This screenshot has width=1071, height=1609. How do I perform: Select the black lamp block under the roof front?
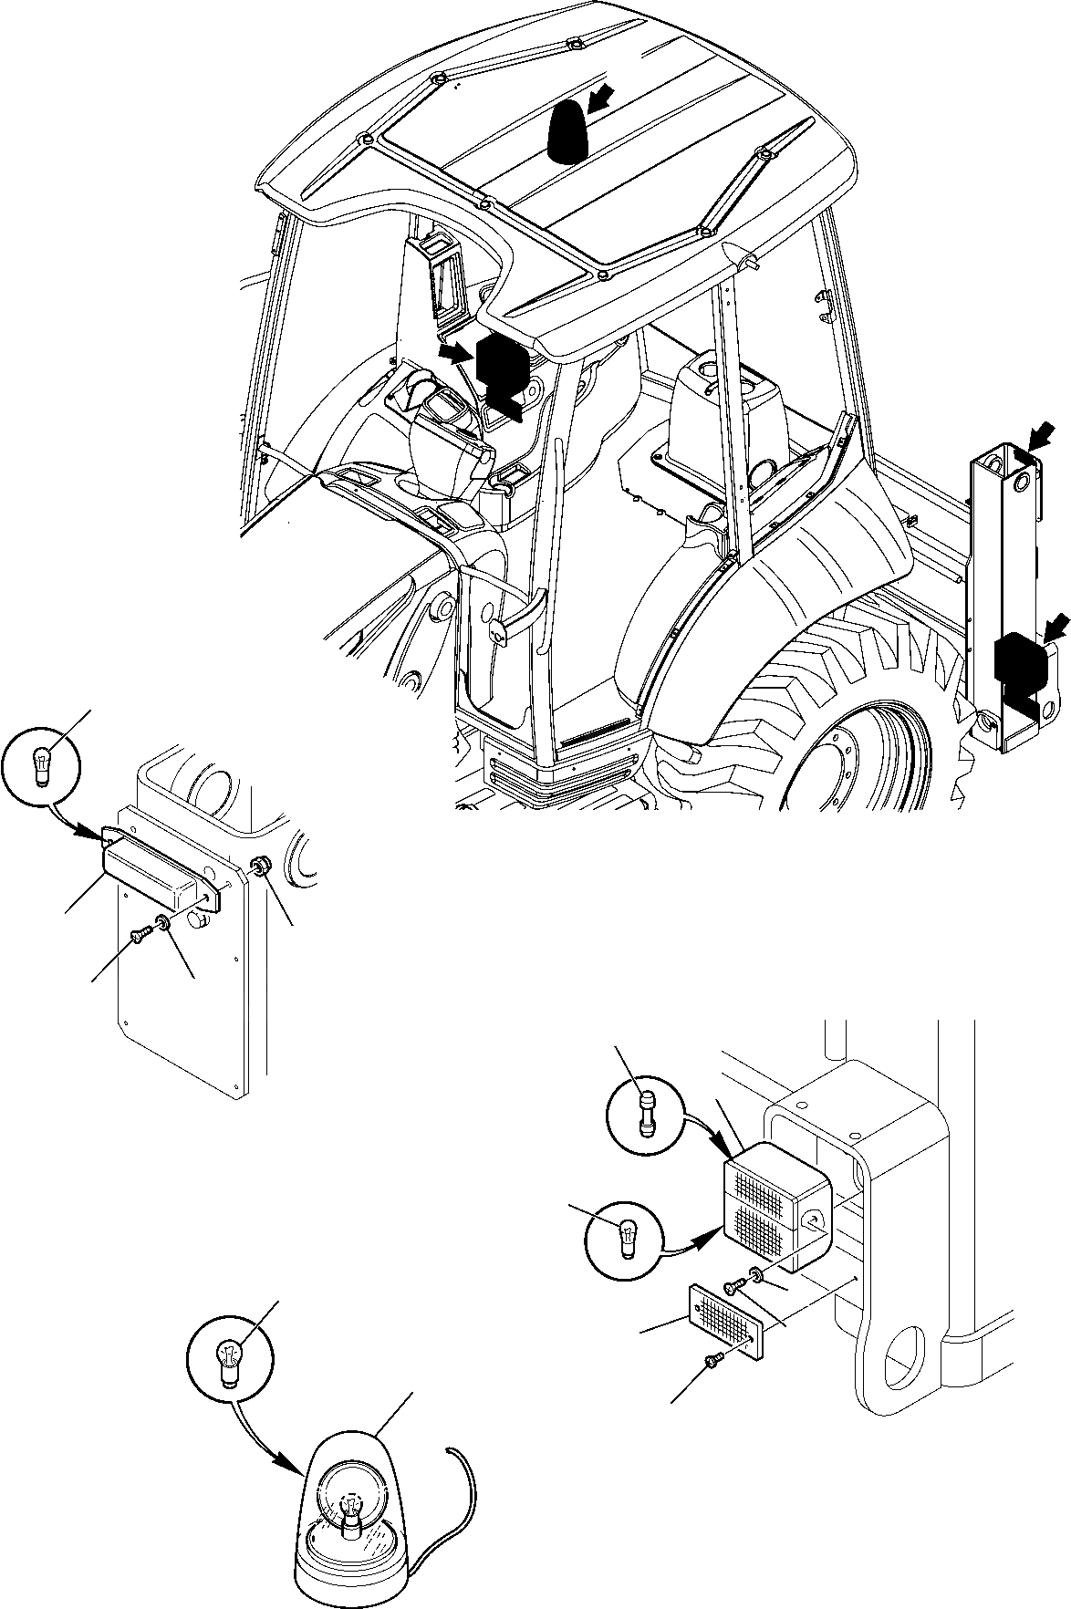click(498, 369)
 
